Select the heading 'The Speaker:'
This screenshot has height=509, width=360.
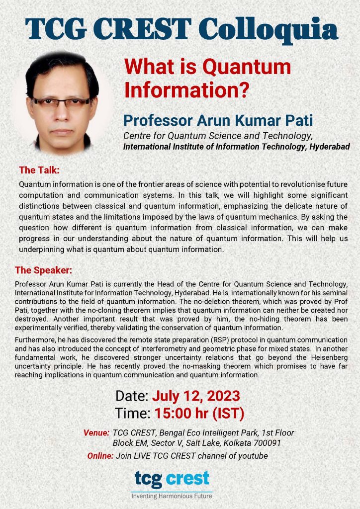tap(44, 270)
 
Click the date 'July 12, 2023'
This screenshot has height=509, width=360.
tap(196, 396)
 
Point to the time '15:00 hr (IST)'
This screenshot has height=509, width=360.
tap(199, 413)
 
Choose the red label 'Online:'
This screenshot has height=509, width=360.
tap(100, 456)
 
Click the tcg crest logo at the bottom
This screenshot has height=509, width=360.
tap(172, 479)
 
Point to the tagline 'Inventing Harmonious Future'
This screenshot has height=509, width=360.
tap(172, 496)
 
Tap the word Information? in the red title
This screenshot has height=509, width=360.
tap(185, 90)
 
